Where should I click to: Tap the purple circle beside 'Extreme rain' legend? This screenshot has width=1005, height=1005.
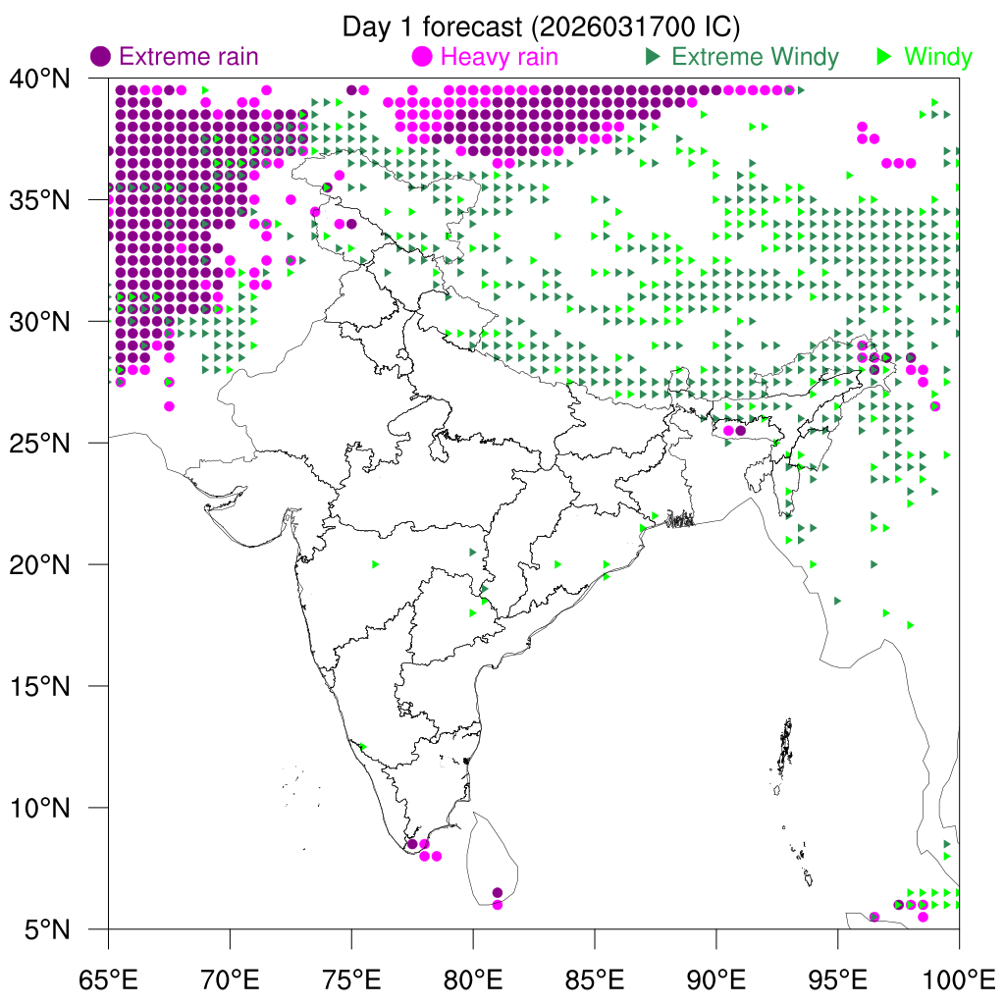click(x=101, y=57)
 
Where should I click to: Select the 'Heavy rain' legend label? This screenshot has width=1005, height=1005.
click(x=500, y=57)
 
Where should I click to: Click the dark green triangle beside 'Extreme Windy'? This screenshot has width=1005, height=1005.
click(x=652, y=57)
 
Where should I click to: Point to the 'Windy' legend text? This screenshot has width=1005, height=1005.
click(x=937, y=57)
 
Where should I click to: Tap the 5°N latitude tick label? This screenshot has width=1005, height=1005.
click(x=47, y=928)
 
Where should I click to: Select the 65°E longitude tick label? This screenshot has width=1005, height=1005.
click(x=108, y=979)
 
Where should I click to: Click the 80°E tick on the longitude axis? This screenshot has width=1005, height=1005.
click(x=473, y=979)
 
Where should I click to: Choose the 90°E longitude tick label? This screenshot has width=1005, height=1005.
click(x=716, y=979)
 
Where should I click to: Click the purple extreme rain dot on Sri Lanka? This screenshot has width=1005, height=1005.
click(x=498, y=892)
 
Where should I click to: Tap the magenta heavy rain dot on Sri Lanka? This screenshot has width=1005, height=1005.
click(x=498, y=905)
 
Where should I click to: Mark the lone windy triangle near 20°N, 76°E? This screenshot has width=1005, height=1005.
click(x=376, y=564)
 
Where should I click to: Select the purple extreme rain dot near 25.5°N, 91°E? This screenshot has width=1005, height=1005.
click(x=741, y=430)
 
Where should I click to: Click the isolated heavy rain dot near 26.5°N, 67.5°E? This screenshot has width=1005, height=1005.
click(x=169, y=406)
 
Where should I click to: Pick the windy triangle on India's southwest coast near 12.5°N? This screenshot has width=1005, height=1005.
click(x=363, y=747)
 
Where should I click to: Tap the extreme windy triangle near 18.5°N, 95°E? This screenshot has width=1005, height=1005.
click(x=837, y=601)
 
